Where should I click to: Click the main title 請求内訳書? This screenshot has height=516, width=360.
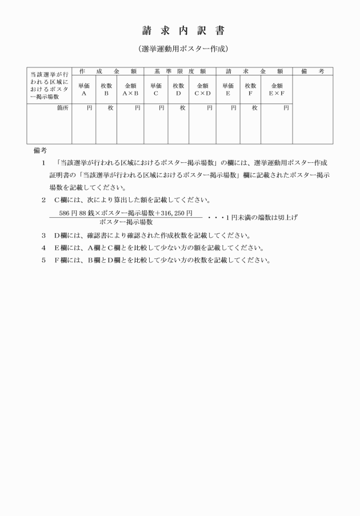pos(179,30)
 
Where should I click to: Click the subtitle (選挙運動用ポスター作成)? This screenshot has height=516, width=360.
pos(179,49)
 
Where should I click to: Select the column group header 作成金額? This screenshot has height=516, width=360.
pos(107,71)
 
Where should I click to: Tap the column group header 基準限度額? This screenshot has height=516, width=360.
pos(179,71)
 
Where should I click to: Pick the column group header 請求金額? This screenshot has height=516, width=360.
pos(254,71)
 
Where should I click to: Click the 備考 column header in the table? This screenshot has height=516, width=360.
pos(313,71)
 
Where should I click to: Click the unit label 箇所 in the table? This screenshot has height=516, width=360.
pos(63,107)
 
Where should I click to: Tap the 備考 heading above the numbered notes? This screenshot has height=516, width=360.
pos(39,151)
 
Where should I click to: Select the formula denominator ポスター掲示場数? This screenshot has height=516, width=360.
pos(126,222)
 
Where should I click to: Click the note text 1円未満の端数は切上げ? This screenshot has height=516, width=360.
pos(251,218)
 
